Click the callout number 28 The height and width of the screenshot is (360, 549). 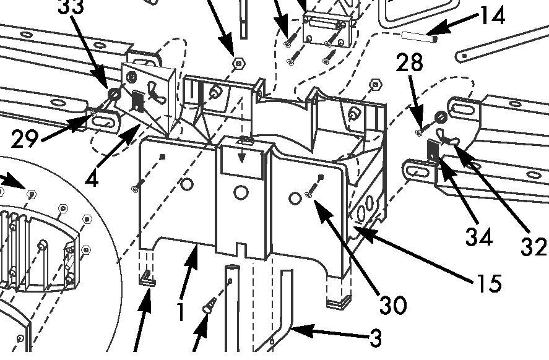[x=410, y=62]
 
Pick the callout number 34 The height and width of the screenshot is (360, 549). [x=480, y=236]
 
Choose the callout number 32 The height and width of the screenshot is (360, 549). [x=534, y=246]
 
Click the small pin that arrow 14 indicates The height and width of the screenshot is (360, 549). [x=419, y=36]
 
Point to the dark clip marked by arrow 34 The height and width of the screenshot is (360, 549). [x=434, y=148]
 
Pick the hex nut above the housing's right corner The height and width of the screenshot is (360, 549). [x=374, y=84]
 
